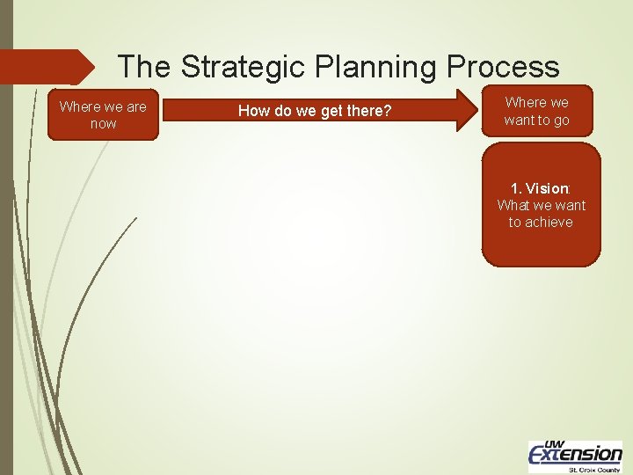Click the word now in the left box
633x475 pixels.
point(103,124)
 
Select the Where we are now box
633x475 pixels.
point(103,115)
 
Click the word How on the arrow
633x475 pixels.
point(253,111)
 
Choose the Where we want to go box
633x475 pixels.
point(536,111)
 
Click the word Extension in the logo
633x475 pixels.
point(575,454)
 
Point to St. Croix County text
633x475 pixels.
point(594,469)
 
